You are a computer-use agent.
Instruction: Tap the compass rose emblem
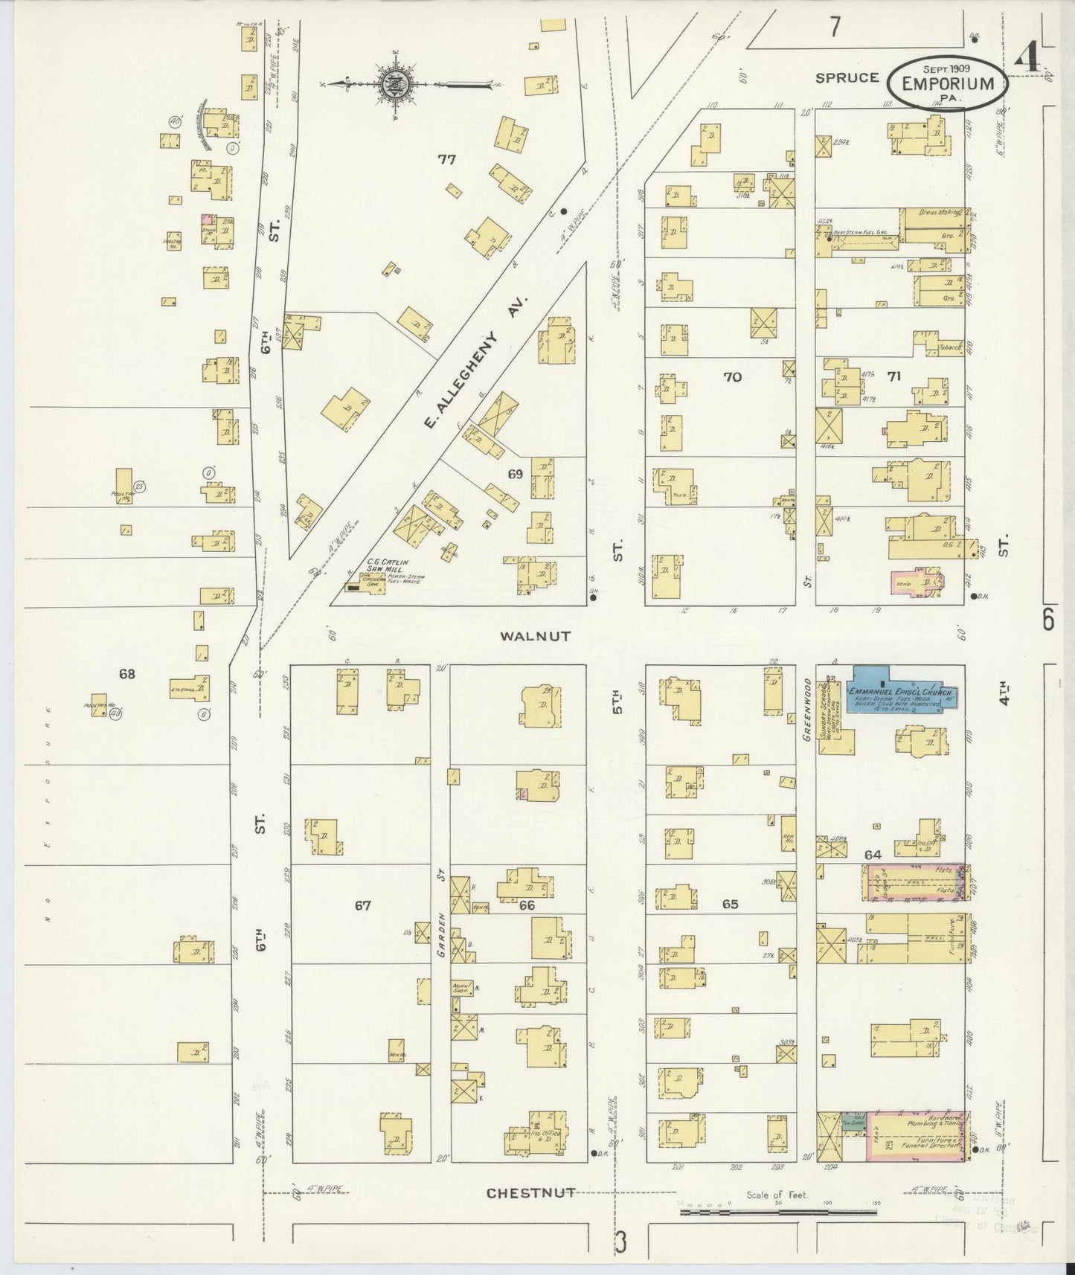[x=392, y=85]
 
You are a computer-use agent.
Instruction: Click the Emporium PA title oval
[x=947, y=83]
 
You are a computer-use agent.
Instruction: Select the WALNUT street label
[x=535, y=636]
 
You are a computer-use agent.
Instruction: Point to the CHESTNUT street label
[x=530, y=1192]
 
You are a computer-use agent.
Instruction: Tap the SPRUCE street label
[x=847, y=77]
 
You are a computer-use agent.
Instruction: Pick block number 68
[x=127, y=674]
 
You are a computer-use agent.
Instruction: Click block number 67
[x=362, y=905]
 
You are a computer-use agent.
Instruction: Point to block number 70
[x=732, y=377]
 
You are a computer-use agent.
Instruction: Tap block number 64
[x=872, y=855]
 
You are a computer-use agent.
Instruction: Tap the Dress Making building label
[x=936, y=213]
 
